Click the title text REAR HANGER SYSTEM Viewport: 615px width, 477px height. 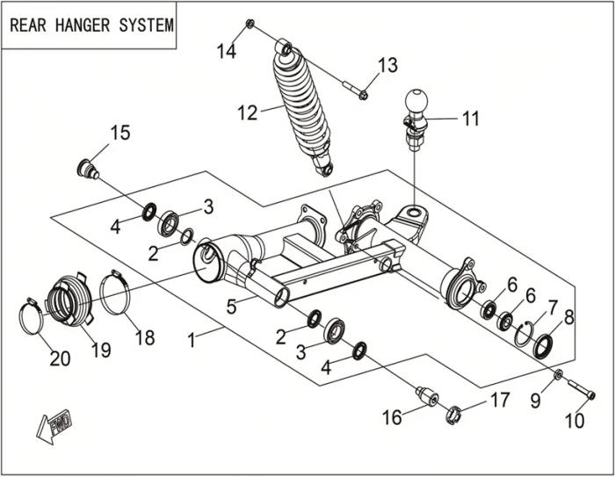click(91, 24)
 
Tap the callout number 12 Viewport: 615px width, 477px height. click(250, 112)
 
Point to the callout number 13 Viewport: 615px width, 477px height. click(387, 65)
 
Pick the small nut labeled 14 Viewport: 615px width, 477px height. click(250, 24)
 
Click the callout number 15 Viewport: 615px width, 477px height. click(119, 133)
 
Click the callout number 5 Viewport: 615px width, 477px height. click(231, 307)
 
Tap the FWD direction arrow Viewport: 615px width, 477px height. click(55, 425)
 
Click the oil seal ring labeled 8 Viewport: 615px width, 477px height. click(544, 343)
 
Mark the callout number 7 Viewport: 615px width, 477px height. click(553, 307)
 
